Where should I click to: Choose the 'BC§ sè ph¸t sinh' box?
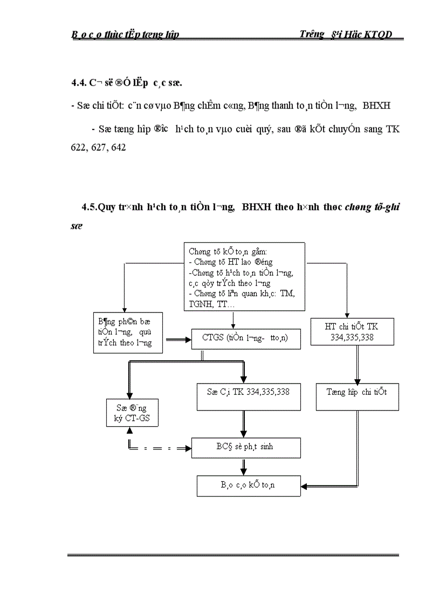click(x=246, y=447)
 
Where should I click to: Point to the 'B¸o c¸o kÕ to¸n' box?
click(x=249, y=485)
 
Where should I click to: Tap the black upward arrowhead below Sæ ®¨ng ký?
click(x=129, y=431)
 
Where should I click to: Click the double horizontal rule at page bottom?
click(x=233, y=555)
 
